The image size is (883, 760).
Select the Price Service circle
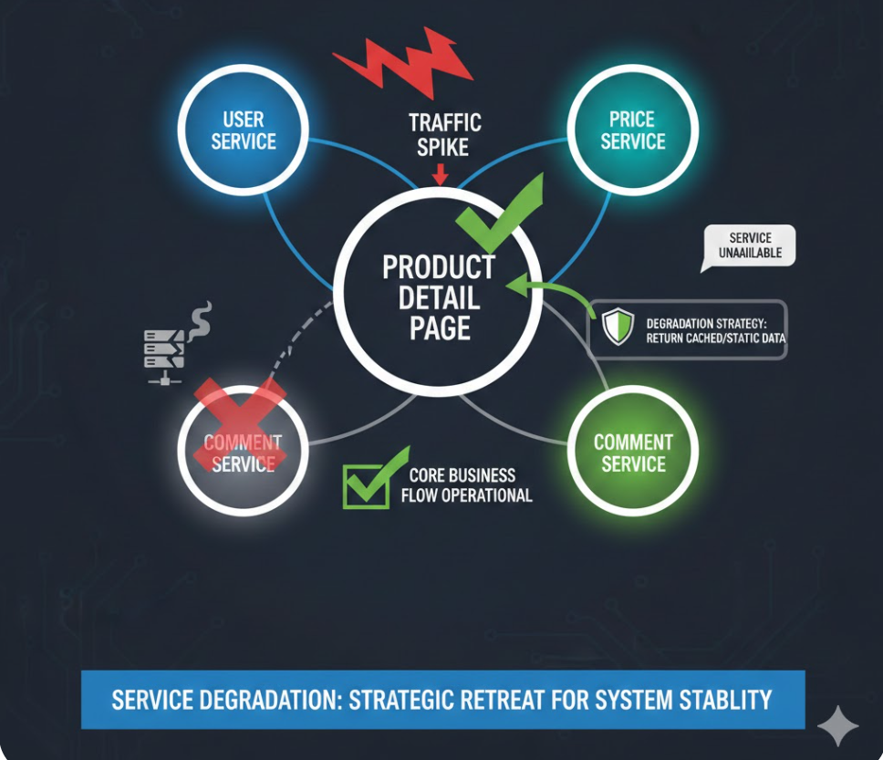[632, 130]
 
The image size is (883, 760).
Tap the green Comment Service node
[632, 453]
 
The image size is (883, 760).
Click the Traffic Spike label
[444, 134]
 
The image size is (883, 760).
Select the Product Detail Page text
[439, 297]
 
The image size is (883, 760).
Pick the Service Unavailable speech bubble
[748, 245]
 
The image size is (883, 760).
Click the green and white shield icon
[617, 327]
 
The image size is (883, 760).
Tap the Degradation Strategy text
[715, 330]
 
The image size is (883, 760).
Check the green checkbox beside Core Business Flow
[366, 483]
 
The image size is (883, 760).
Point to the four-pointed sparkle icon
[837, 725]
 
